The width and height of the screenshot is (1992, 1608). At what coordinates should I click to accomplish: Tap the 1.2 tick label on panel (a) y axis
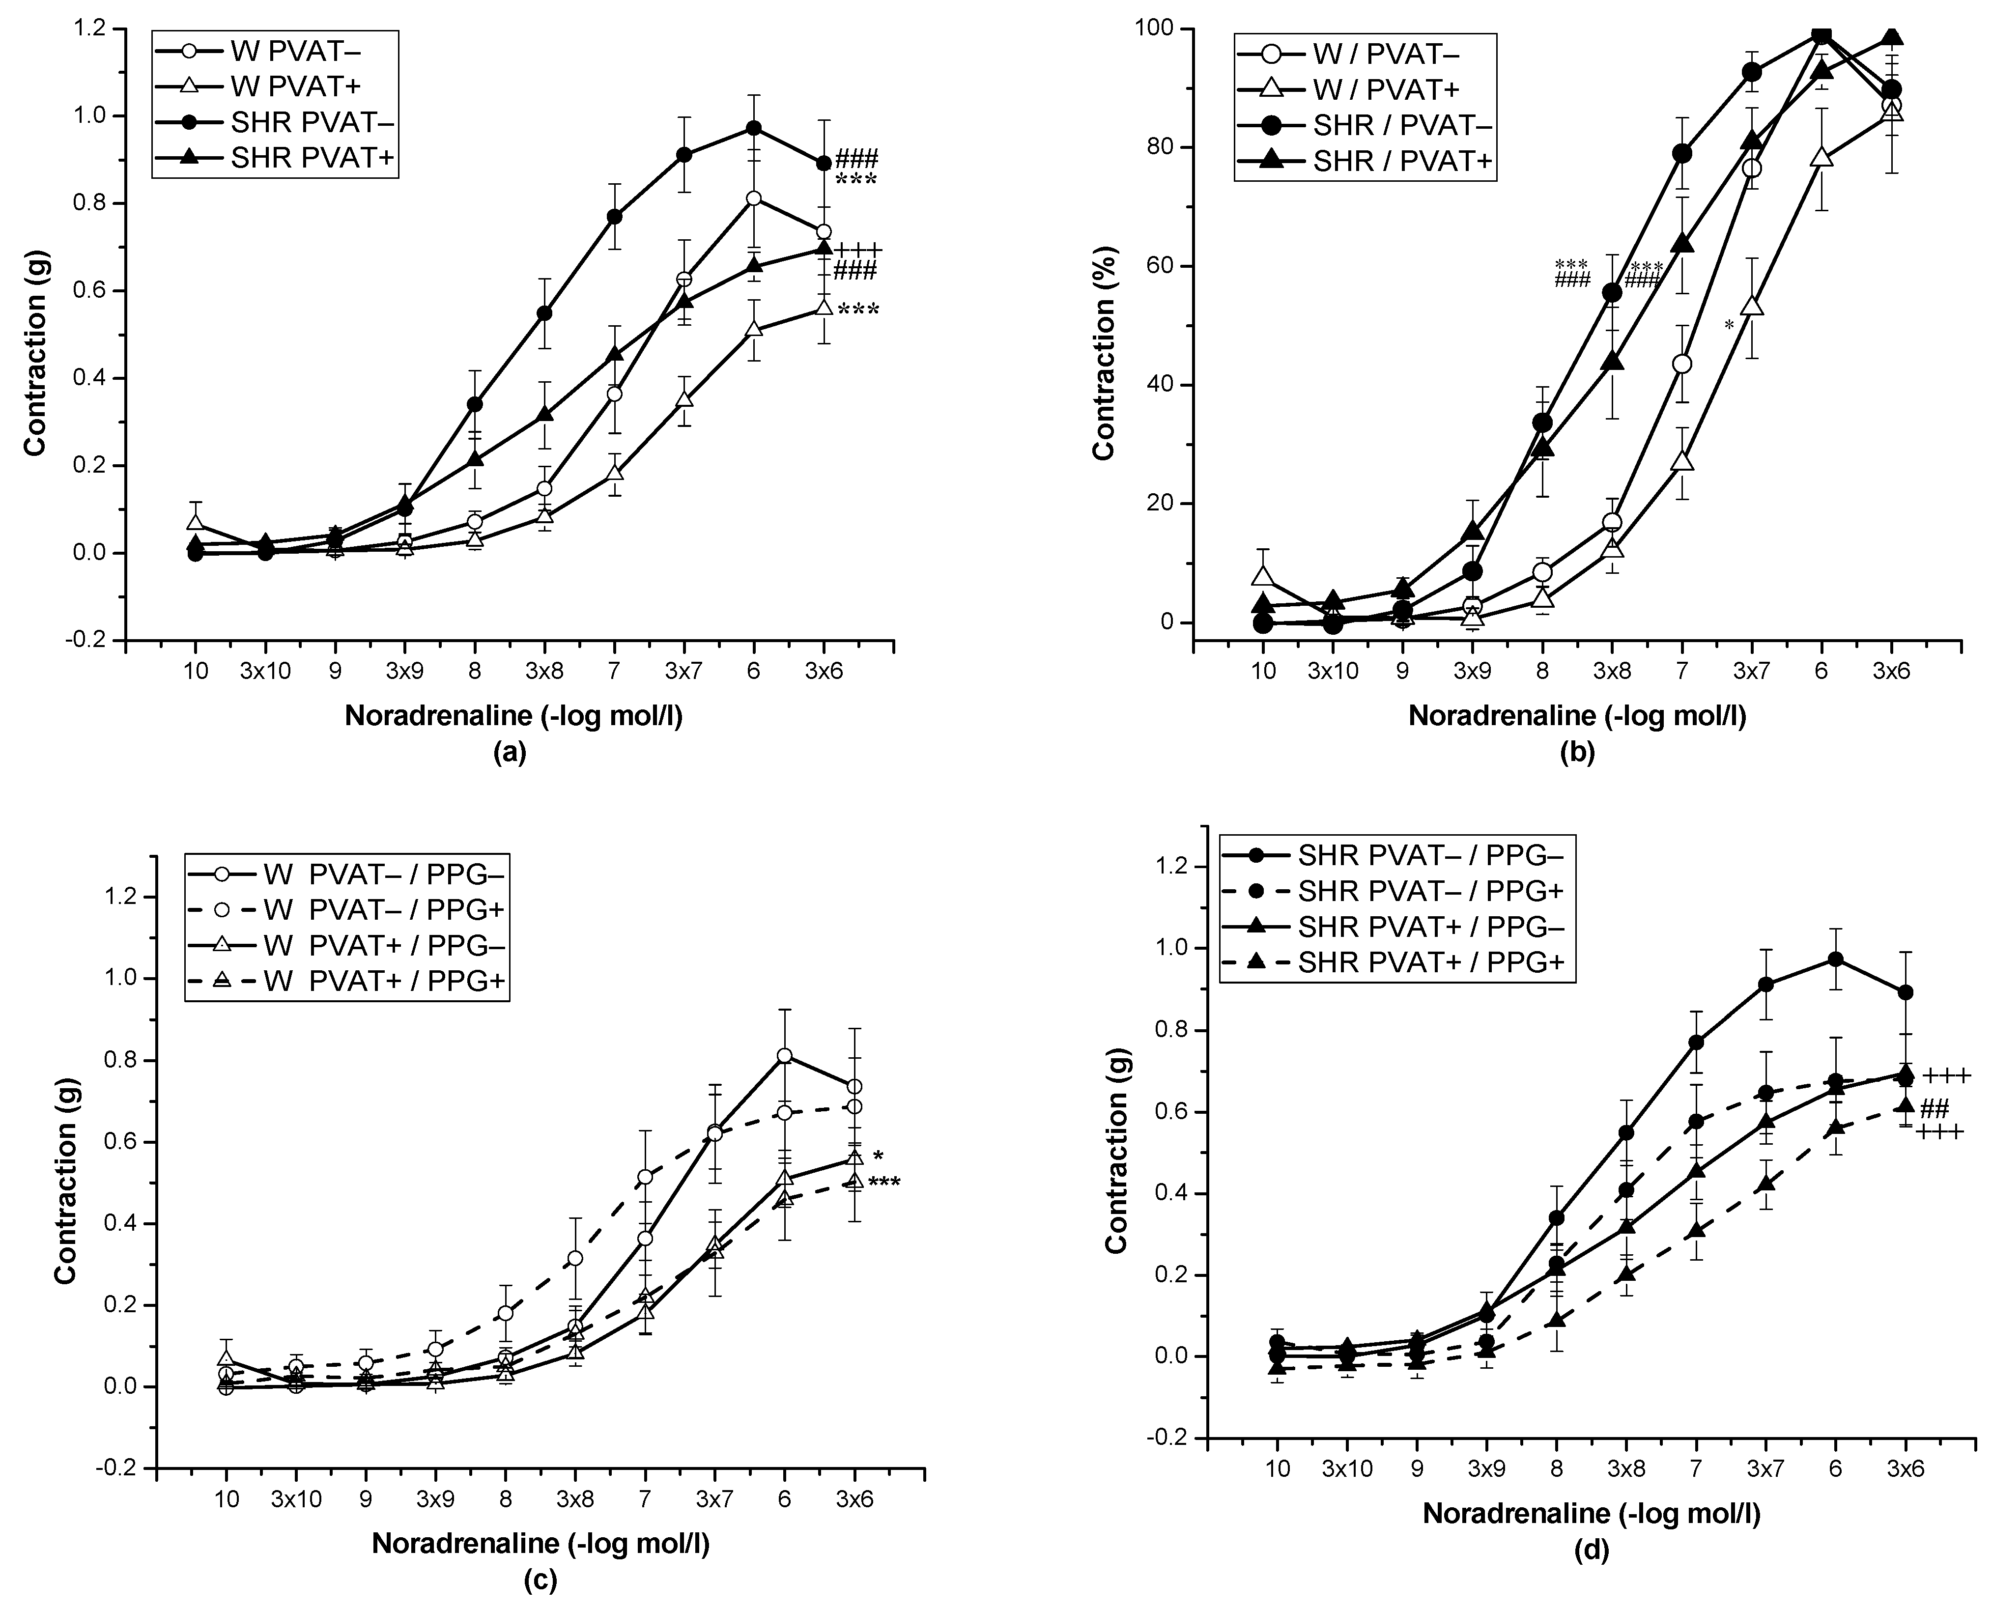click(x=93, y=28)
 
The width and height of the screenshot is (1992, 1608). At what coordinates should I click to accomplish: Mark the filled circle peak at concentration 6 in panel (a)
click(x=754, y=128)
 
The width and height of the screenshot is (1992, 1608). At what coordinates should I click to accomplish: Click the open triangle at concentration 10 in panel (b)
click(x=1262, y=576)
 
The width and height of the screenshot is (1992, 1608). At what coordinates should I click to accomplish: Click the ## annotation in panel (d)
click(x=1935, y=1109)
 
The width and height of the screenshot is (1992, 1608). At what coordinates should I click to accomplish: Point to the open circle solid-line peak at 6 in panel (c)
click(x=785, y=1056)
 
